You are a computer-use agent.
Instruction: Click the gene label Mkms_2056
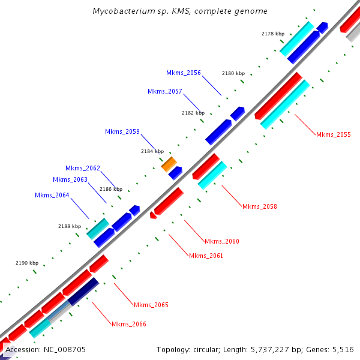183,73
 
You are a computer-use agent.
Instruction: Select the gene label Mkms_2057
164,91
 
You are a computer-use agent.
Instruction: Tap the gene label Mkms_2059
122,131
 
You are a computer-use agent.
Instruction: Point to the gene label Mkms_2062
83,168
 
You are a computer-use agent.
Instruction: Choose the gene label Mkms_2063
70,179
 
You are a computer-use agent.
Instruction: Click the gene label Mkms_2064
52,195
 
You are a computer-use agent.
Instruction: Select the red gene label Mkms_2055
333,134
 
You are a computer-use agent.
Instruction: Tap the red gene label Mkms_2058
259,206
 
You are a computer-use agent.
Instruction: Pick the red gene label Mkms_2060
221,241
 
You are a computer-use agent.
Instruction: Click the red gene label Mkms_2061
206,256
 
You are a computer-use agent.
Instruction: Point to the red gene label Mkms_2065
151,305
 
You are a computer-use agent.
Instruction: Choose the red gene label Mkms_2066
128,324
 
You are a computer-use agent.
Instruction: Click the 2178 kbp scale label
273,34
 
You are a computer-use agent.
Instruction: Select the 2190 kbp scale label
27,263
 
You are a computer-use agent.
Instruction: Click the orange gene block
169,163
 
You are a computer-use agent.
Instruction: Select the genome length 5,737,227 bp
274,349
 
